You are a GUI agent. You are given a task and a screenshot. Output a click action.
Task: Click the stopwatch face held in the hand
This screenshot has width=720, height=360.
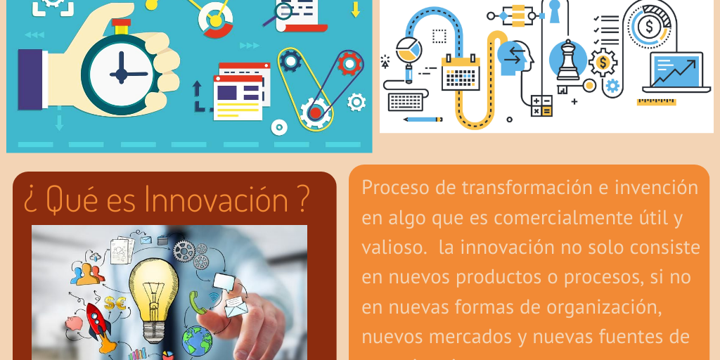click(x=120, y=73)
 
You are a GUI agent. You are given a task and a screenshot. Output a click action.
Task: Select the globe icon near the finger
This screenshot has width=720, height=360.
click(x=197, y=340)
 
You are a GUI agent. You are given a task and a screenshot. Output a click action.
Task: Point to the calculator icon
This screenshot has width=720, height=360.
click(x=541, y=105)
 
